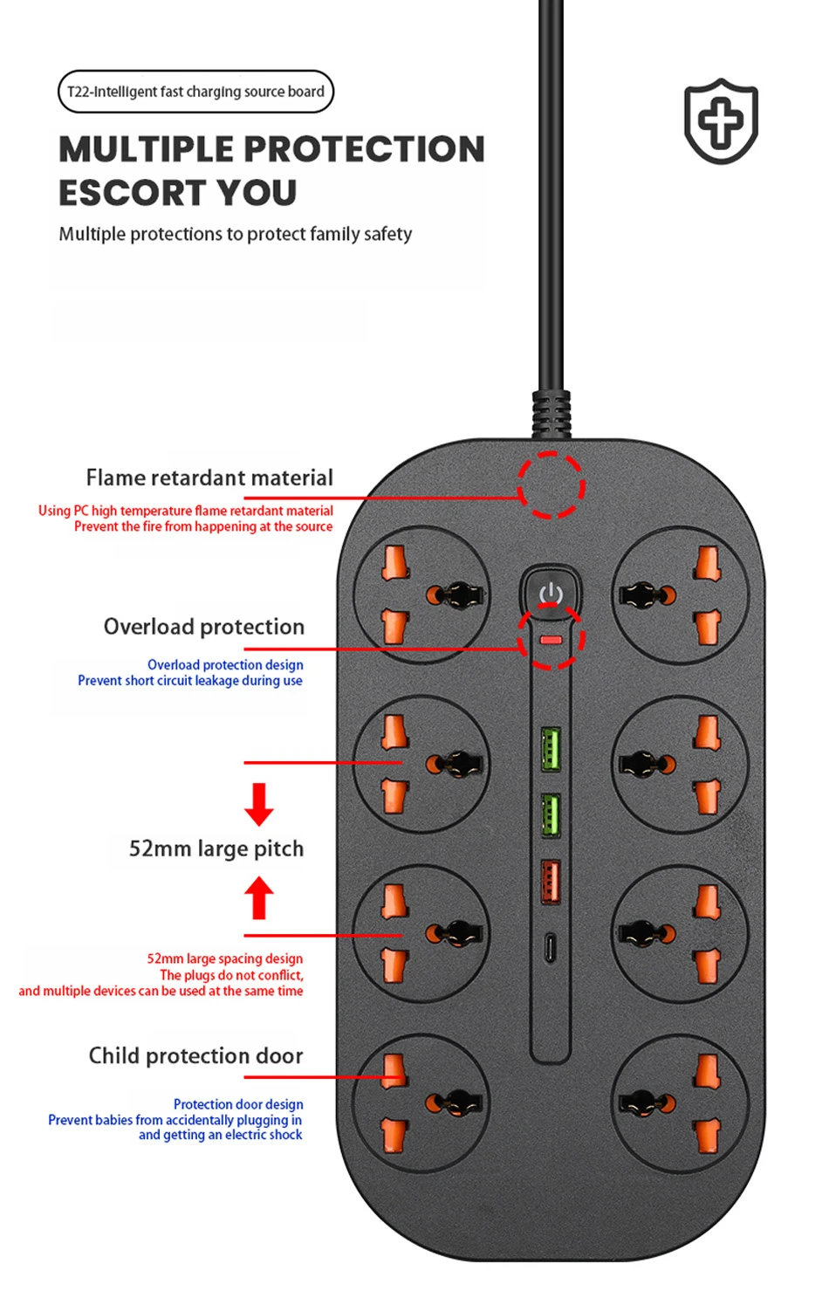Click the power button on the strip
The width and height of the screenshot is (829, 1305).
click(x=551, y=593)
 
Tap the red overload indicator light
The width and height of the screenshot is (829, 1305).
click(x=551, y=640)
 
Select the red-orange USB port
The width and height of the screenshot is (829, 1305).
click(x=551, y=881)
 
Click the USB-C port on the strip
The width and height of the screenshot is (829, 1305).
click(x=550, y=947)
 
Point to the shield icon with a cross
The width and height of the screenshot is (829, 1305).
click(x=721, y=121)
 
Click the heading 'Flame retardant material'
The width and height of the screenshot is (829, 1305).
click(x=209, y=477)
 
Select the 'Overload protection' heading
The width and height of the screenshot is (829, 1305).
click(x=204, y=627)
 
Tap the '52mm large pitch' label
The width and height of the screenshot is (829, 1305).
click(x=216, y=848)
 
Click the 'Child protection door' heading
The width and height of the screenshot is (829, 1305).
click(x=196, y=1055)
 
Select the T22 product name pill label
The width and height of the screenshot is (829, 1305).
click(x=195, y=92)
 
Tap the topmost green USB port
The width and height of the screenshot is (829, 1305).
click(x=551, y=748)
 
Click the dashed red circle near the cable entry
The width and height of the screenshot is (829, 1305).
click(x=551, y=485)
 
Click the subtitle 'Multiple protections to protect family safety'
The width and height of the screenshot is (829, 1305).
click(x=235, y=234)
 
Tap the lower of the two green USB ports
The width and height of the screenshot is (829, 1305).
click(x=551, y=814)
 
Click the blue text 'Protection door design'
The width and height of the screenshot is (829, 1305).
click(x=238, y=1104)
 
